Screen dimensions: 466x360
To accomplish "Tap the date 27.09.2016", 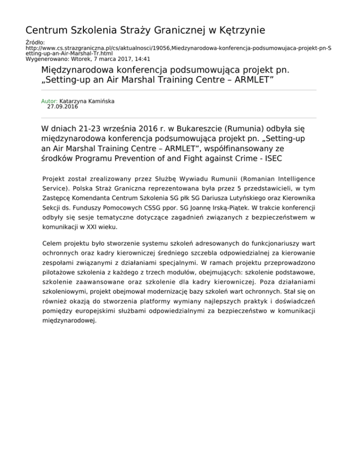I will (x=63, y=107).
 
